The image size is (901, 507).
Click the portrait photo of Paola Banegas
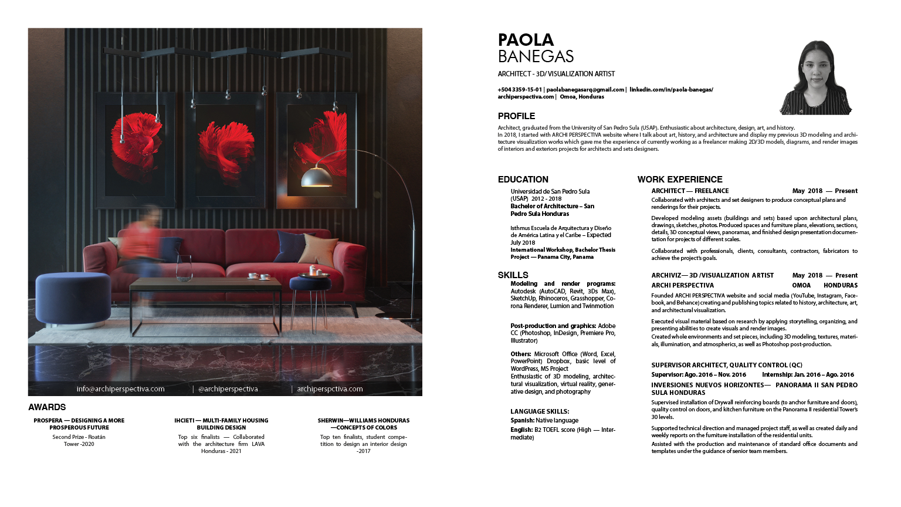(815, 77)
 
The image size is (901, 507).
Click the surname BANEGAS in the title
(536, 56)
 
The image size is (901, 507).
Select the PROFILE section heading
(516, 116)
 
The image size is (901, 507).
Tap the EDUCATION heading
(523, 180)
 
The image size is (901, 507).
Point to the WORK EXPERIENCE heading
(679, 180)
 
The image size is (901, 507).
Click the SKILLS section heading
(513, 275)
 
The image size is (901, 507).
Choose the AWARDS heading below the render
(47, 407)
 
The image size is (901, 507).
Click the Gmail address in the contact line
(585, 90)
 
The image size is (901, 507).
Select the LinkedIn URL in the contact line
(671, 90)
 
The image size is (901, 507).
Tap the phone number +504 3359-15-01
(520, 90)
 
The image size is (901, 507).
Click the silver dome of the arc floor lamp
(316, 177)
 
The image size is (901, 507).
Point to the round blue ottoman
(73, 299)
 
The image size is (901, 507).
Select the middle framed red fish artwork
(225, 150)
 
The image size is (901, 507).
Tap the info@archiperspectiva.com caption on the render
(120, 389)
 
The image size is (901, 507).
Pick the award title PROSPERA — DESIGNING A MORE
(79, 421)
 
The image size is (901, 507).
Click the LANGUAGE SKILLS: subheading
(539, 411)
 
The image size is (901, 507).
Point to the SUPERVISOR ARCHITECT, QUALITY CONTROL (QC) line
(726, 365)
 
